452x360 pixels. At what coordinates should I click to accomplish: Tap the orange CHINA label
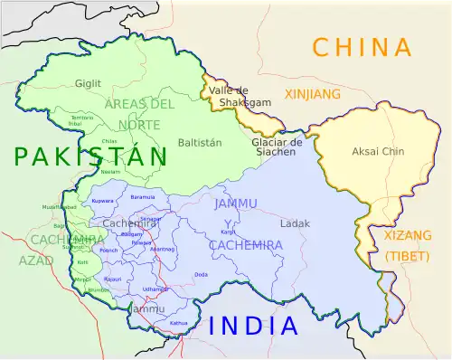pyautogui.click(x=362, y=47)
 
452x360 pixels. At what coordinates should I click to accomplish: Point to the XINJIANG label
pyautogui.click(x=313, y=94)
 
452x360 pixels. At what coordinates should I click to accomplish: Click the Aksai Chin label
pyautogui.click(x=378, y=151)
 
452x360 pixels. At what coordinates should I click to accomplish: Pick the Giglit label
pyautogui.click(x=88, y=83)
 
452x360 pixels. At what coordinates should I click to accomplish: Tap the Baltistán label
pyautogui.click(x=200, y=143)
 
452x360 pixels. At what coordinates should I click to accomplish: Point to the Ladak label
pyautogui.click(x=295, y=223)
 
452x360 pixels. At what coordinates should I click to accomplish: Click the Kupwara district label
pyautogui.click(x=102, y=200)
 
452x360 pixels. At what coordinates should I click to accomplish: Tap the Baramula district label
pyautogui.click(x=143, y=196)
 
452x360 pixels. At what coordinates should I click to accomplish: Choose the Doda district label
pyautogui.click(x=201, y=274)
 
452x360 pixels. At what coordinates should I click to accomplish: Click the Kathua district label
pyautogui.click(x=178, y=322)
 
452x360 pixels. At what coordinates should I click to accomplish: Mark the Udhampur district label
pyautogui.click(x=155, y=289)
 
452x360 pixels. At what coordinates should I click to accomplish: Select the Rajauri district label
pyautogui.click(x=112, y=279)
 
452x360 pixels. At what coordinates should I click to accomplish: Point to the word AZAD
pyautogui.click(x=30, y=261)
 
